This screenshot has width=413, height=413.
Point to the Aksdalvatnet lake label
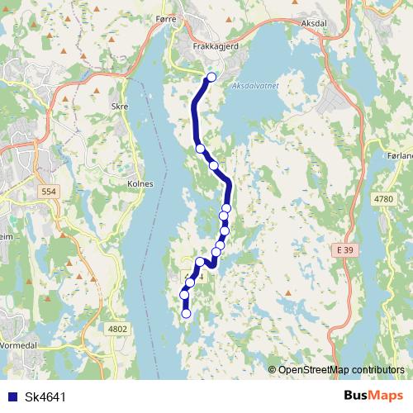pyautogui.click(x=258, y=85)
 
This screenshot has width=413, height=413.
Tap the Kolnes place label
pyautogui.click(x=141, y=183)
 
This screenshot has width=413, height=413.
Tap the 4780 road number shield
pyautogui.click(x=383, y=199)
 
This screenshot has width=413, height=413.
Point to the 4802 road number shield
pyautogui.click(x=118, y=328)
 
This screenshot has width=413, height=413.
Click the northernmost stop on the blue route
pyautogui.click(x=211, y=78)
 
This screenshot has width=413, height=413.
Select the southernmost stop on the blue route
pyautogui.click(x=186, y=313)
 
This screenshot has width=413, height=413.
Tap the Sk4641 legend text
pyautogui.click(x=45, y=396)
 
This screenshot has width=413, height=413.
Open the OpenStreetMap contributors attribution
pyautogui.click(x=341, y=369)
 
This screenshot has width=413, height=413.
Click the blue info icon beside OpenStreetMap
pyautogui.click(x=272, y=369)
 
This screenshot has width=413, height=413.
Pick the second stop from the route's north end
pyautogui.click(x=200, y=149)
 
